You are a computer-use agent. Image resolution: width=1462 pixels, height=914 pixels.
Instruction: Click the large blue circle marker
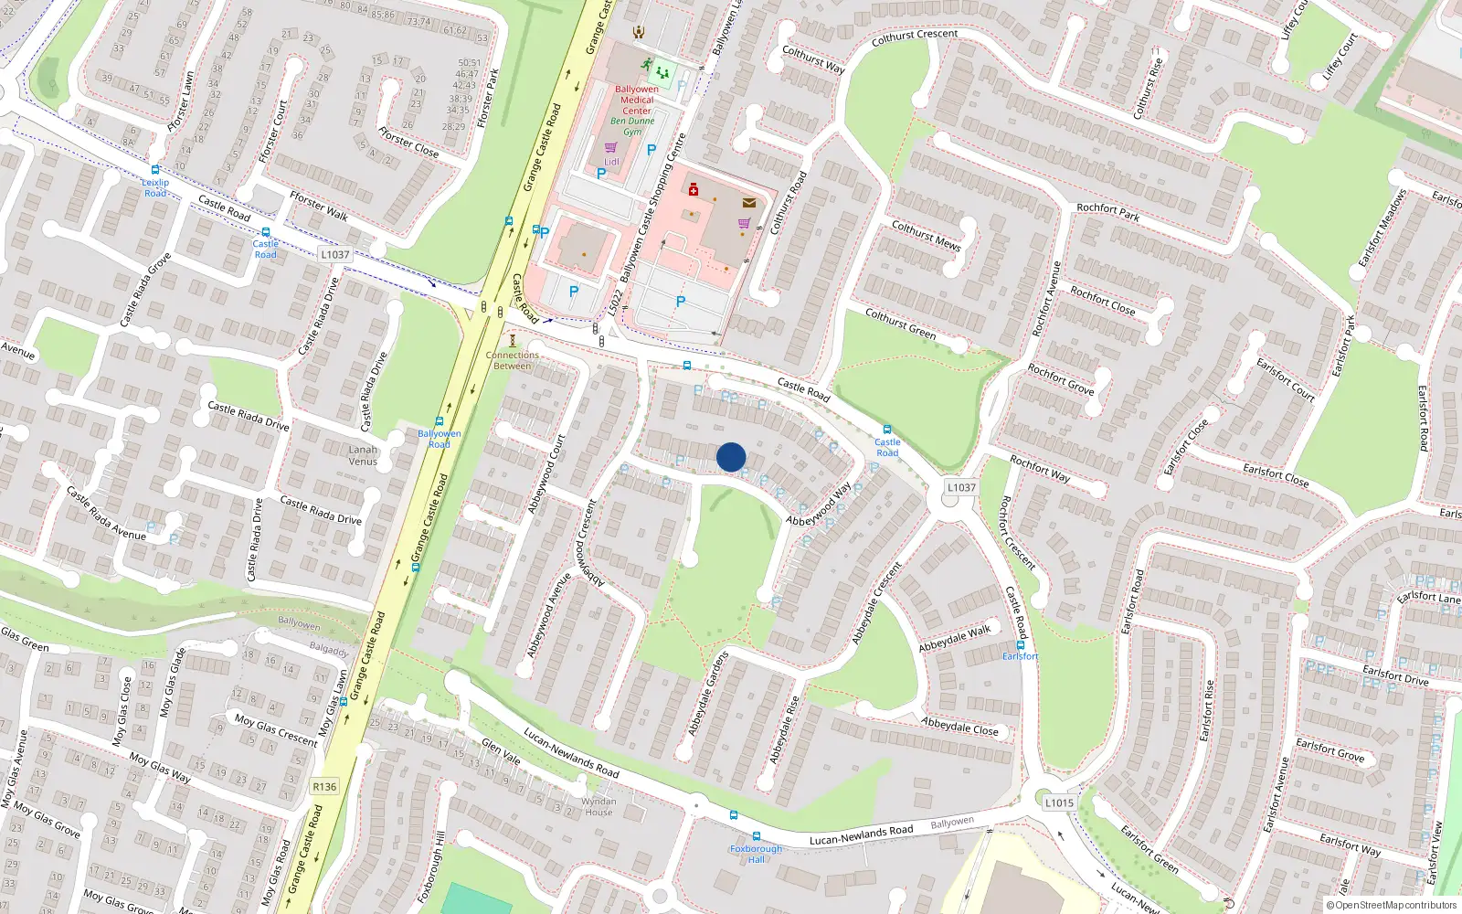pyautogui.click(x=731, y=457)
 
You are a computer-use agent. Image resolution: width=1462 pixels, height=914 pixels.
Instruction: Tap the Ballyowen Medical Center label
pyautogui.click(x=637, y=100)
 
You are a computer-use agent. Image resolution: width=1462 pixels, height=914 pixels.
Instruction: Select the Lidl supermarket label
pyautogui.click(x=611, y=162)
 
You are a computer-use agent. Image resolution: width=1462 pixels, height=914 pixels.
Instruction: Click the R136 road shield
pyautogui.click(x=324, y=786)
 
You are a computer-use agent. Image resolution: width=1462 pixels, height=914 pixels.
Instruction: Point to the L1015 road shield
pyautogui.click(x=1059, y=802)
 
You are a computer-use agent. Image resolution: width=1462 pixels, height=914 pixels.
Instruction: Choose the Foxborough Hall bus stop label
pyautogui.click(x=756, y=854)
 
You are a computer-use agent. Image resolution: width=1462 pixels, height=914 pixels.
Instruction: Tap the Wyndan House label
pyautogui.click(x=599, y=806)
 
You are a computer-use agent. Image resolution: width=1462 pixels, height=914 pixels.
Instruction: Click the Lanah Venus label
pyautogui.click(x=363, y=455)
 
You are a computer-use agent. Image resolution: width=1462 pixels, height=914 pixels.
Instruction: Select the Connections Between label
pyautogui.click(x=512, y=360)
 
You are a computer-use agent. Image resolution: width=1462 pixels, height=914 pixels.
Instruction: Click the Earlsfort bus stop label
pyautogui.click(x=1020, y=656)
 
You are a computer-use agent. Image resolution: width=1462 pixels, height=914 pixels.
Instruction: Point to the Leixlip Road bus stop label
pyautogui.click(x=155, y=187)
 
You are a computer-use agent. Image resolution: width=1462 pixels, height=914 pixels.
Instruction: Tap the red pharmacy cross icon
pyautogui.click(x=694, y=190)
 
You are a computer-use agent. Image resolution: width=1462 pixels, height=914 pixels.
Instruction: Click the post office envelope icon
pyautogui.click(x=749, y=203)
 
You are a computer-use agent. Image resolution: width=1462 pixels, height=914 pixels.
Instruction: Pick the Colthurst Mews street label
pyautogui.click(x=926, y=236)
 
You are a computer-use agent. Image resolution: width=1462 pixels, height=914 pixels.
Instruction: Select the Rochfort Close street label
pyautogui.click(x=1102, y=302)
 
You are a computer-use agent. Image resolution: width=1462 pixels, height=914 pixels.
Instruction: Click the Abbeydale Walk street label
pyautogui.click(x=955, y=637)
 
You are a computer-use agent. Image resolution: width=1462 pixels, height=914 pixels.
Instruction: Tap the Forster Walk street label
pyautogui.click(x=319, y=207)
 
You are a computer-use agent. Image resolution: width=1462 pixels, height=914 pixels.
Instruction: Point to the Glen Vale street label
pyautogui.click(x=501, y=752)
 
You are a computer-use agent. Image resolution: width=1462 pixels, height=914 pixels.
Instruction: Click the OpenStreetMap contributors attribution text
pyautogui.click(x=1392, y=905)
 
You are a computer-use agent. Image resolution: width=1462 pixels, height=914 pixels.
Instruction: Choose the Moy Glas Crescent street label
pyautogui.click(x=275, y=730)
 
